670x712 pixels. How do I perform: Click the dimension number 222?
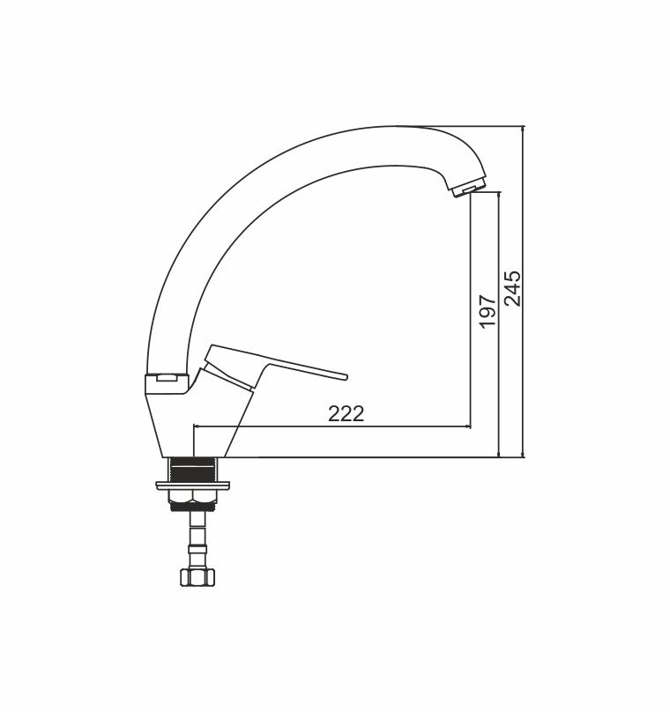(346, 414)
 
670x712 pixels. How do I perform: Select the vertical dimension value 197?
(487, 311)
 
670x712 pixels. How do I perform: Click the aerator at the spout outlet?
(468, 187)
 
